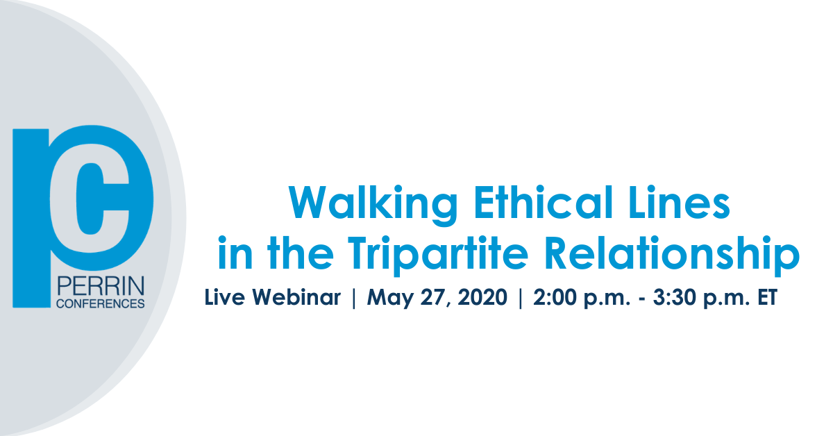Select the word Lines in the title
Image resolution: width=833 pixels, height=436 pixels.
(680, 201)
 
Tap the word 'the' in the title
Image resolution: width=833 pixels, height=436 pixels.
(300, 252)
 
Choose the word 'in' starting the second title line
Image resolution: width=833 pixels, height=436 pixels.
(235, 252)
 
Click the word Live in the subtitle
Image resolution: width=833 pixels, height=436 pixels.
(225, 297)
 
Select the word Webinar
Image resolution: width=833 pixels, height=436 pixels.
(296, 297)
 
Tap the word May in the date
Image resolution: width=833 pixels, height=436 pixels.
(389, 299)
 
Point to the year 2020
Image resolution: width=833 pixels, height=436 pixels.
(482, 297)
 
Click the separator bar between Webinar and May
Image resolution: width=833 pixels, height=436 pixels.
(353, 298)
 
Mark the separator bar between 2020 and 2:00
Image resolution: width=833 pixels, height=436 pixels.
(520, 298)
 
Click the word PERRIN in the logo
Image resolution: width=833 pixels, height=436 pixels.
(101, 286)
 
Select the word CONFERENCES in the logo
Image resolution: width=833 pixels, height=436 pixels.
(101, 303)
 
